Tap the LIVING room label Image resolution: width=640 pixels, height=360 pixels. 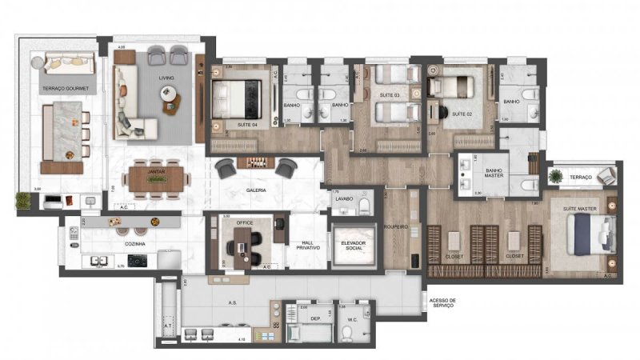pos(166,78)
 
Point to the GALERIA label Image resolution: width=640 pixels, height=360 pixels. pos(256,190)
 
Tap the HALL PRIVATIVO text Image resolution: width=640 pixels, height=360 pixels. pos(304,246)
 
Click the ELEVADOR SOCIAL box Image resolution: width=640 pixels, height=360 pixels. pos(354,246)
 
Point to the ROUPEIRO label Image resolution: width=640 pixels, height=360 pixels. pos(397,227)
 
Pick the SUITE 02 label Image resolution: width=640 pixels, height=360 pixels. pos(462,114)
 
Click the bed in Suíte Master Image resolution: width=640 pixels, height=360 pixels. pos(588,236)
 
